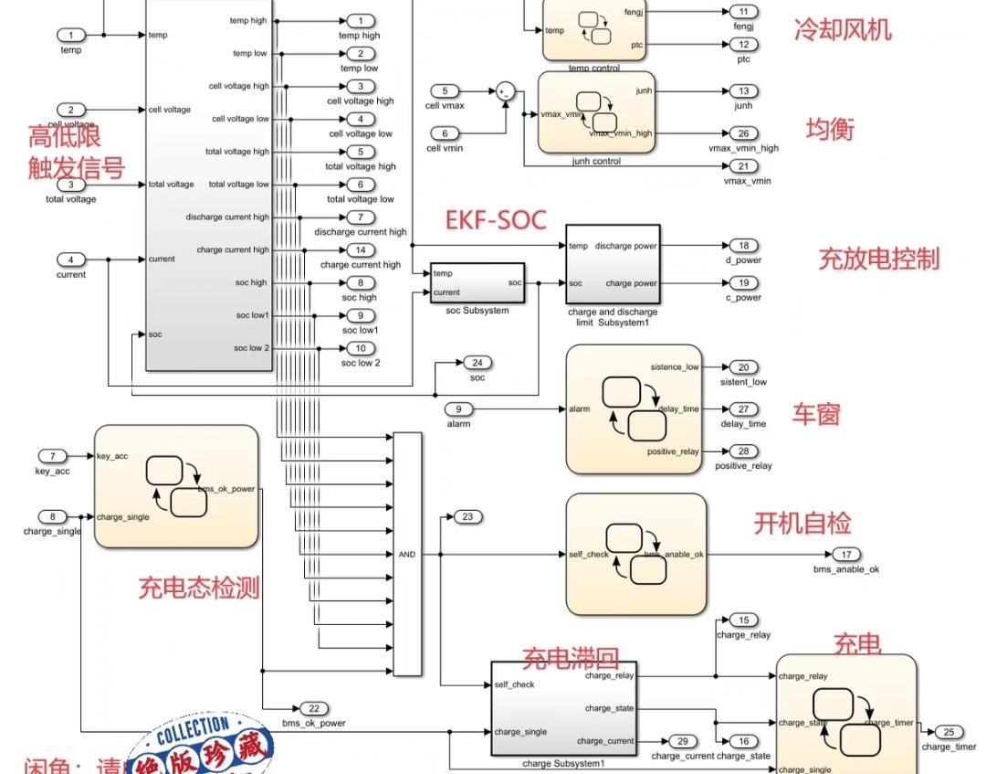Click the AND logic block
click(x=407, y=554)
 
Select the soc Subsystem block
click(x=477, y=282)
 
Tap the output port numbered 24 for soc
click(x=477, y=363)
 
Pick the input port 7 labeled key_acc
click(x=53, y=456)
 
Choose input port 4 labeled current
click(x=71, y=260)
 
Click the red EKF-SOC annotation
click(x=495, y=220)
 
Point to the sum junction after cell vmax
click(x=505, y=91)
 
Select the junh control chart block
click(x=595, y=112)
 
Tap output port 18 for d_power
click(x=743, y=245)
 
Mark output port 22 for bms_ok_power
click(x=313, y=708)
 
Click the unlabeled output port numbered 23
click(x=467, y=517)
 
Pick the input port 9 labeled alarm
click(x=458, y=408)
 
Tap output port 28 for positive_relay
click(x=743, y=451)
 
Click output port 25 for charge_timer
click(x=949, y=731)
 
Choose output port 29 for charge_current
click(x=681, y=741)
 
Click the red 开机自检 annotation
click(x=802, y=524)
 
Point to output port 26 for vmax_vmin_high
click(x=743, y=133)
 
